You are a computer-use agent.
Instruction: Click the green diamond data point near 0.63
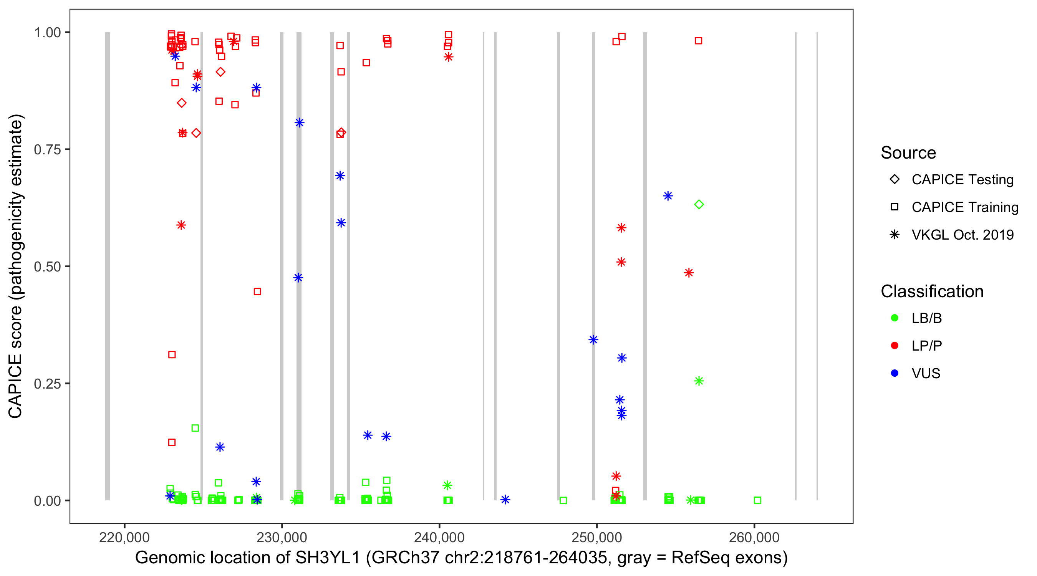699,204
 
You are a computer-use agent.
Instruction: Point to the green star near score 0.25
699,381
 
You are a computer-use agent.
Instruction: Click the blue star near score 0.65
668,196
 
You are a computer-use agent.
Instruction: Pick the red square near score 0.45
257,291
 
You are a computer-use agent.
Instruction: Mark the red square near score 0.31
172,354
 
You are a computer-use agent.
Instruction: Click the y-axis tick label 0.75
47,150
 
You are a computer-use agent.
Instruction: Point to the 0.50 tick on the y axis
47,266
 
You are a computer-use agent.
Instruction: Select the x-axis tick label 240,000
439,537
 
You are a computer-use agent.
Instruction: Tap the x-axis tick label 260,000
754,537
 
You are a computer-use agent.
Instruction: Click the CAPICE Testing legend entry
962,180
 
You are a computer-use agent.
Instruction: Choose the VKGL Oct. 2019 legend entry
962,235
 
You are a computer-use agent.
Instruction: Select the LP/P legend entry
926,346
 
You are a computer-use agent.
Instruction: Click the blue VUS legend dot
895,373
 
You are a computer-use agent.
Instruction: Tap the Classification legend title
932,291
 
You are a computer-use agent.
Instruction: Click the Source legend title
908,153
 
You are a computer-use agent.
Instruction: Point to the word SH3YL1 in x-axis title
328,558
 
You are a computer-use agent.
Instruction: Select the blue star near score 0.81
299,123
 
